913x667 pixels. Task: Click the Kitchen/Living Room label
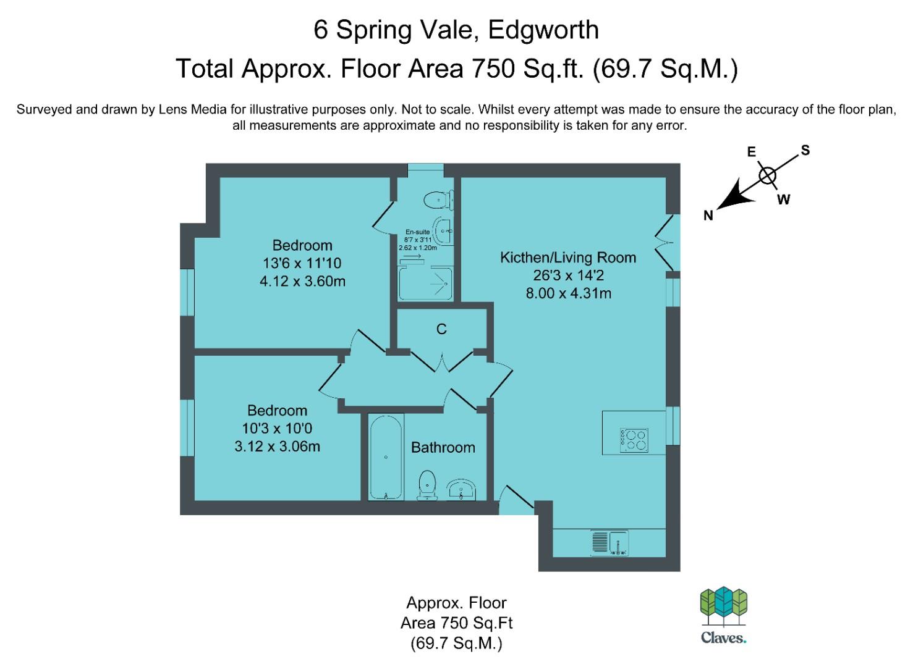click(568, 258)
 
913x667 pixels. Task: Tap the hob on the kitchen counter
click(634, 440)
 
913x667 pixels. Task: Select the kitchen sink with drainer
click(609, 543)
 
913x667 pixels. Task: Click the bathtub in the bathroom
click(386, 457)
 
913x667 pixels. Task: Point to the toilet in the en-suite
click(438, 200)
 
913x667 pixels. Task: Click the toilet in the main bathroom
click(427, 485)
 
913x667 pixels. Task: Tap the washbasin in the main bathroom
click(461, 489)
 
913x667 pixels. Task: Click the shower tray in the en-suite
click(425, 283)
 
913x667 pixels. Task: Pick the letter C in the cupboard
click(441, 329)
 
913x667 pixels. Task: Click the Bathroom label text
click(443, 448)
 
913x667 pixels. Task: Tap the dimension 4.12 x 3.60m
click(302, 282)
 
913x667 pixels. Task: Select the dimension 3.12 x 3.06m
click(277, 447)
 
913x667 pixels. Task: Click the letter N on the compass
click(708, 216)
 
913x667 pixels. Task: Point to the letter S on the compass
click(805, 150)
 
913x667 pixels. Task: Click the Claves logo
click(723, 615)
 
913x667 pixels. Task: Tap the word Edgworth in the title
click(543, 30)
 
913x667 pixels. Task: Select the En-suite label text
click(417, 232)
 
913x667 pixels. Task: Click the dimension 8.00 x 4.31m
click(568, 293)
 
